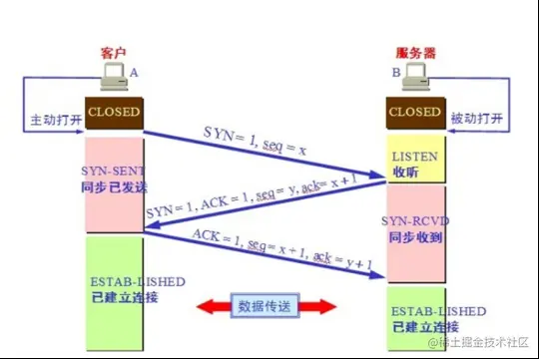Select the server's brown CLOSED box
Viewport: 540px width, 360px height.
pos(415,114)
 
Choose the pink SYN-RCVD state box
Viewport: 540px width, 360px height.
pos(415,232)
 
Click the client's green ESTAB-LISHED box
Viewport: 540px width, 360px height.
pos(113,289)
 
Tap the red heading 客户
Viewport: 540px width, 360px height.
pos(114,53)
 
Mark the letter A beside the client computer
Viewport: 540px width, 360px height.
pos(134,74)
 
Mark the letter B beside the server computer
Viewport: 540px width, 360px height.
pos(396,73)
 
